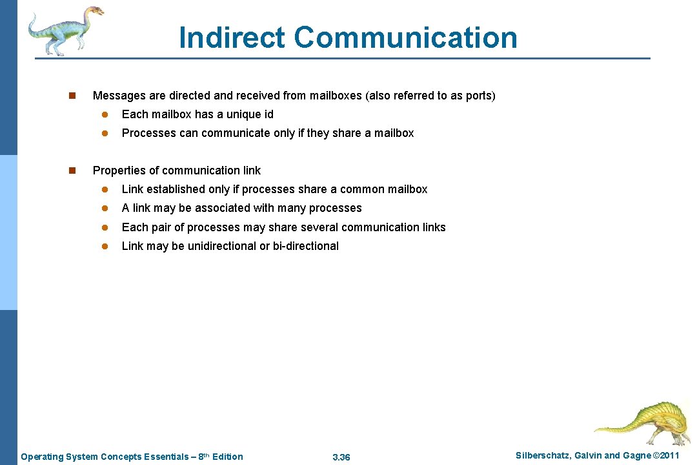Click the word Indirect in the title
[232, 37]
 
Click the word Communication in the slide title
[405, 37]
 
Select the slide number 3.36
[341, 457]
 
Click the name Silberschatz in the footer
[545, 456]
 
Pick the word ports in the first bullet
[479, 96]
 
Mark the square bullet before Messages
[72, 96]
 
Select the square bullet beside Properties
[72, 171]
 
